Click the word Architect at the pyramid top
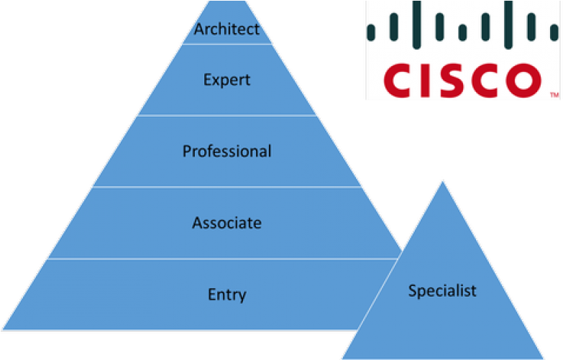pos(226,29)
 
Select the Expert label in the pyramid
pos(226,79)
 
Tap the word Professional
pos(226,152)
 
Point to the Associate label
pos(226,223)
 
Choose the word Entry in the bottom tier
pos(226,295)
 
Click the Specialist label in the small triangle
pos(442,291)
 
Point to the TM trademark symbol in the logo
pos(554,95)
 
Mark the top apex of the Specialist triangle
pos(442,180)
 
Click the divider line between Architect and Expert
pos(226,44)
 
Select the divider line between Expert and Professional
pos(226,115)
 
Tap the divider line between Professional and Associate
pos(226,187)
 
